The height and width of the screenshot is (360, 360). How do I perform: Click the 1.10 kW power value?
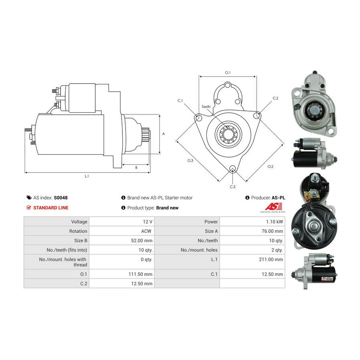[x=274, y=222]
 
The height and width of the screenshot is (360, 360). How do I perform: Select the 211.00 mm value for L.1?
[x=271, y=260]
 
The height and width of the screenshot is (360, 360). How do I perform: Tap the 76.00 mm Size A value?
[x=272, y=231]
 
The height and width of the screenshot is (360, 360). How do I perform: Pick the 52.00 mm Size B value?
[x=142, y=241]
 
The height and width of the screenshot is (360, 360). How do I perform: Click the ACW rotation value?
[x=146, y=231]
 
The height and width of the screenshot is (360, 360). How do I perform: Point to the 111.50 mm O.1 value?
[x=140, y=274]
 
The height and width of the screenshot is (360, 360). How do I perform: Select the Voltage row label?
[x=79, y=222]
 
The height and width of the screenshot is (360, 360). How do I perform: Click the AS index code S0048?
[x=61, y=198]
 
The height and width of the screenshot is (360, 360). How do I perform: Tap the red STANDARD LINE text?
[x=51, y=208]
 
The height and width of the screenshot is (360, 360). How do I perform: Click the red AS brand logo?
[x=274, y=206]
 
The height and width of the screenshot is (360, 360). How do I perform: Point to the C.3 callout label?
[x=232, y=187]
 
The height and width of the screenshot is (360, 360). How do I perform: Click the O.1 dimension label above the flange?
[x=228, y=72]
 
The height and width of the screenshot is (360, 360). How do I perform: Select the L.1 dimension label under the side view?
[x=87, y=176]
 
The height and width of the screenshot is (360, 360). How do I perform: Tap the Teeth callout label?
[x=206, y=106]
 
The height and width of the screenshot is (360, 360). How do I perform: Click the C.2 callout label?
[x=275, y=98]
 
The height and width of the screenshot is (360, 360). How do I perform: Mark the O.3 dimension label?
[x=190, y=160]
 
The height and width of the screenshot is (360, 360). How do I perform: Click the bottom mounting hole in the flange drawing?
[x=232, y=168]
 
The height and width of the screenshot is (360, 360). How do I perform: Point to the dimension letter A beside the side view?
[x=164, y=134]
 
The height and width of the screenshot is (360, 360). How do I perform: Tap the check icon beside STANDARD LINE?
[x=29, y=208]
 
